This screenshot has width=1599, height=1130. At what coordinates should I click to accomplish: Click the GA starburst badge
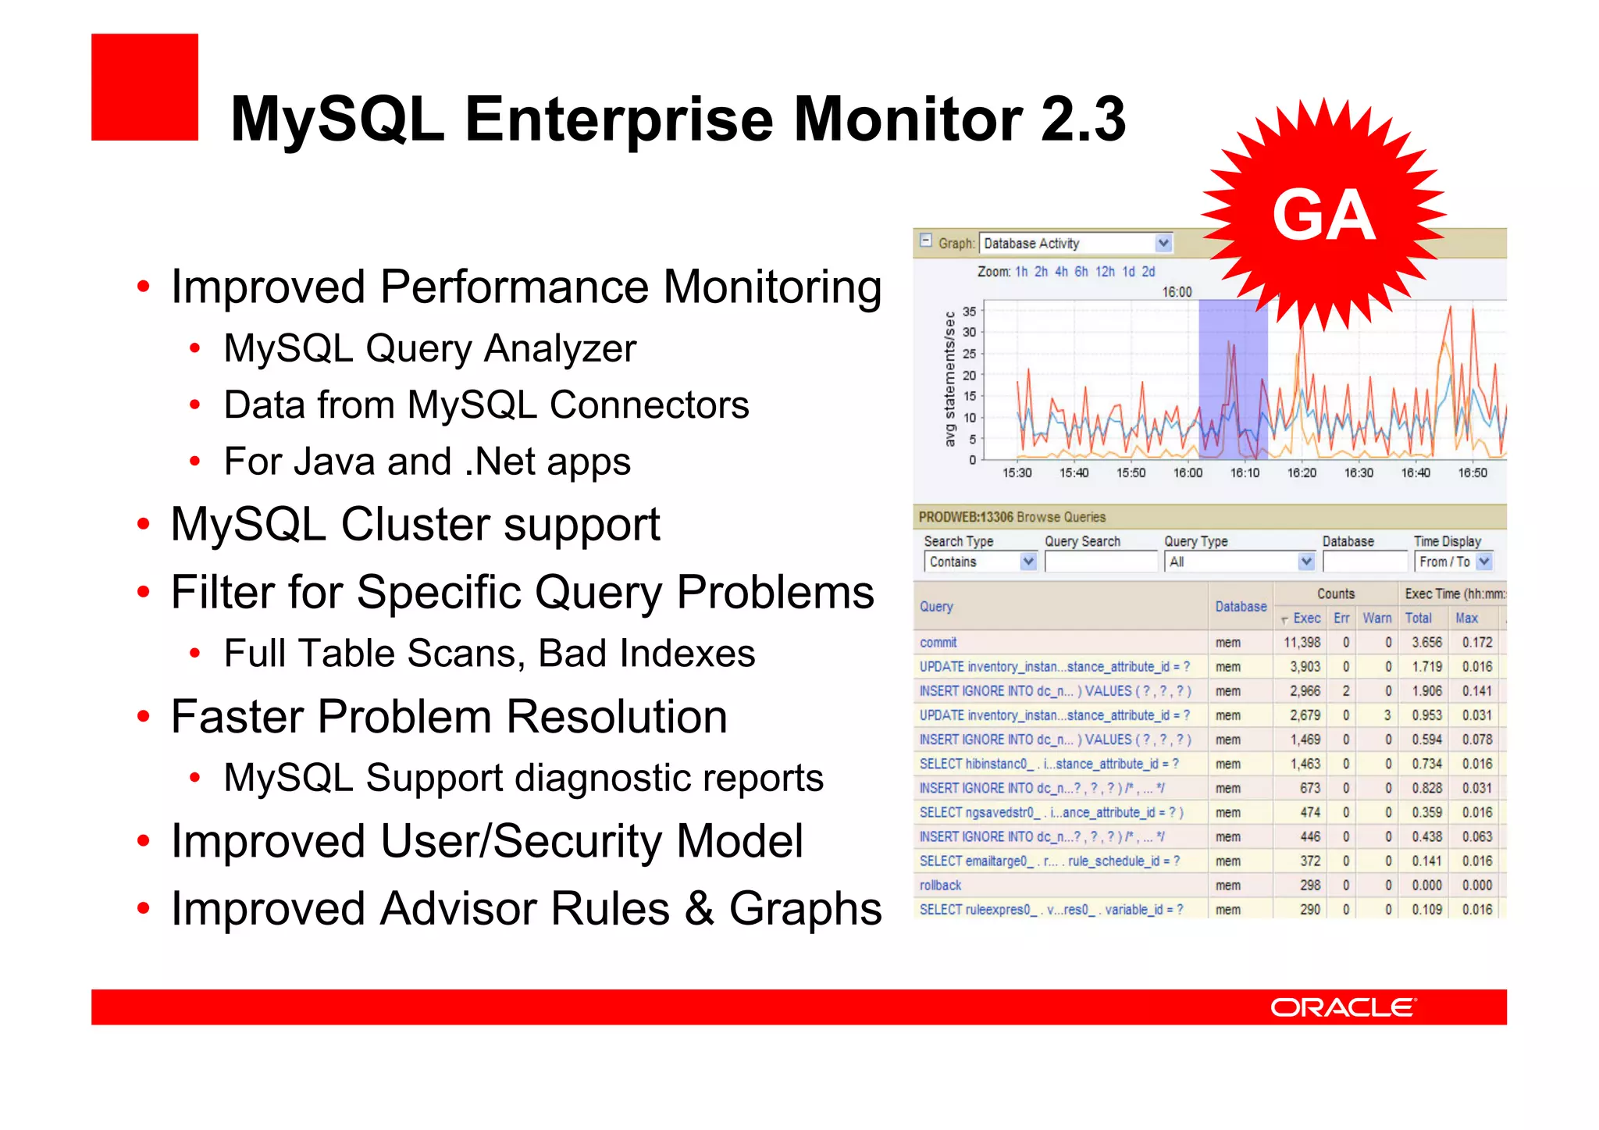pyautogui.click(x=1323, y=215)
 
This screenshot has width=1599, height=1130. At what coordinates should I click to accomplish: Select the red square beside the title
pyautogui.click(x=144, y=87)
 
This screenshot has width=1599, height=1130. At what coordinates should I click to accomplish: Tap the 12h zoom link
pyautogui.click(x=1105, y=272)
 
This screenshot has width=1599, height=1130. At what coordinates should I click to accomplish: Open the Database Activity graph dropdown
pyautogui.click(x=1163, y=244)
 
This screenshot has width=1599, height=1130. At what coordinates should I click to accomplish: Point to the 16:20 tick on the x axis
pyautogui.click(x=1302, y=472)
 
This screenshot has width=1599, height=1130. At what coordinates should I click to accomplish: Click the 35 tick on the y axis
pyautogui.click(x=969, y=312)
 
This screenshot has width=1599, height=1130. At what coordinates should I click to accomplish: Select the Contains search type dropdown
pyautogui.click(x=981, y=561)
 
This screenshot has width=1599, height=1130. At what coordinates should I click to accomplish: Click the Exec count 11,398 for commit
pyautogui.click(x=1302, y=643)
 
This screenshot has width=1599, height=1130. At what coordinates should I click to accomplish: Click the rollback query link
pyautogui.click(x=940, y=886)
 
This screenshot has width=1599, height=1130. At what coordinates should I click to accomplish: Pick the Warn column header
pyautogui.click(x=1377, y=618)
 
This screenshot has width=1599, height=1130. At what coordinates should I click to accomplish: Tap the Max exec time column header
pyautogui.click(x=1466, y=618)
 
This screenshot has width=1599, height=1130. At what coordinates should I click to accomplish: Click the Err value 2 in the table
pyautogui.click(x=1345, y=691)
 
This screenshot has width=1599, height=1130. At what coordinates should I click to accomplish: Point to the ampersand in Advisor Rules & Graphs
pyautogui.click(x=700, y=909)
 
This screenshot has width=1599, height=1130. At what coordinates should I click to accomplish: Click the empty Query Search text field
pyautogui.click(x=1101, y=561)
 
